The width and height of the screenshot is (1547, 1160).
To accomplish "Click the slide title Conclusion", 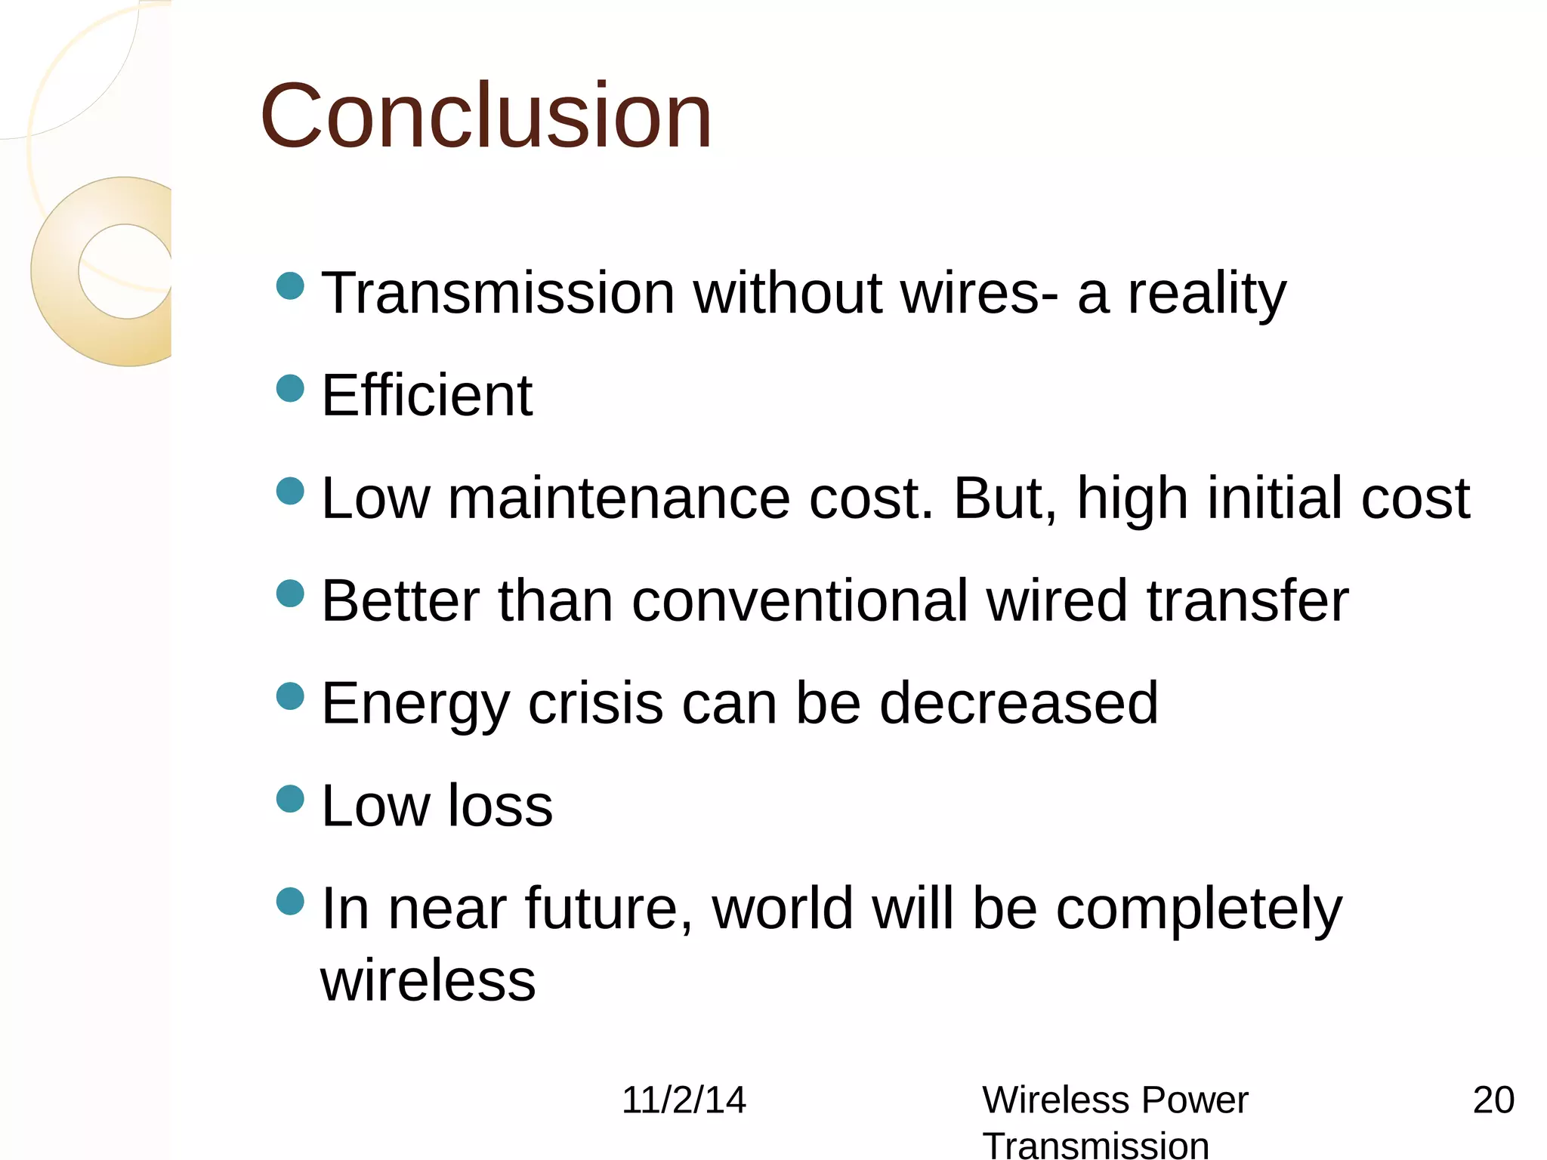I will tap(486, 116).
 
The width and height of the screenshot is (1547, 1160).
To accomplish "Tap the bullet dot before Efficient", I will tap(290, 389).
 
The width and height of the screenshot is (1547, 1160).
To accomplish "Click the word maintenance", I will tap(619, 498).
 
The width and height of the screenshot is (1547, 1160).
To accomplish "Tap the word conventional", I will tap(799, 601).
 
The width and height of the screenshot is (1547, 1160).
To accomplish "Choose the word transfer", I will tap(1247, 601).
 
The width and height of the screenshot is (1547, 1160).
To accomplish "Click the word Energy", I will tap(416, 704).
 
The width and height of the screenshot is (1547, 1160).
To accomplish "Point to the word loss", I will tap(500, 806).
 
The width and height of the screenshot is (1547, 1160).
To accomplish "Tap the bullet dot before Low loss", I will tap(290, 798).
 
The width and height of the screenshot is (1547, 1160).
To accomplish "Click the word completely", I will tap(1199, 909).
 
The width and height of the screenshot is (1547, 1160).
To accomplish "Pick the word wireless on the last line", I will tap(428, 981).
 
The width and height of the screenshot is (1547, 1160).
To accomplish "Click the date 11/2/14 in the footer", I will tap(684, 1100).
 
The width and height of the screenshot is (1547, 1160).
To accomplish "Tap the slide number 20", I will tap(1493, 1100).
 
